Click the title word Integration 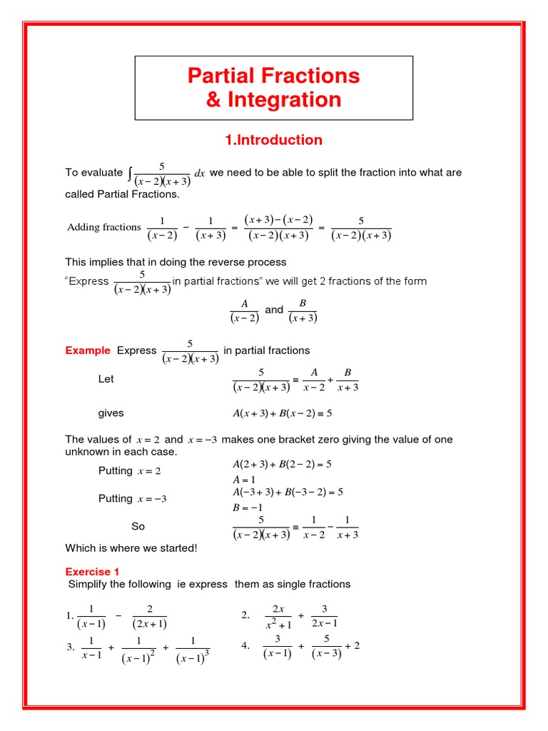point(284,100)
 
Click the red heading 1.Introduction point(274,140)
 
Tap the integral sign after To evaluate point(129,173)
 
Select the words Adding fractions point(104,227)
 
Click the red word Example point(88,351)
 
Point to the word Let point(106,379)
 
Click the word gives point(111,413)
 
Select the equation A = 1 point(244,480)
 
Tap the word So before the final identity point(138,526)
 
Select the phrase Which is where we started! point(131,548)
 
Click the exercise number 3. point(70,647)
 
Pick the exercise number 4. point(245,646)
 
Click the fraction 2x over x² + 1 point(278,616)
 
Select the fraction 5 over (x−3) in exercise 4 point(327,647)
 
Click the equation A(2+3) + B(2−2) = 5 point(282,465)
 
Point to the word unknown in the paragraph point(88,452)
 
